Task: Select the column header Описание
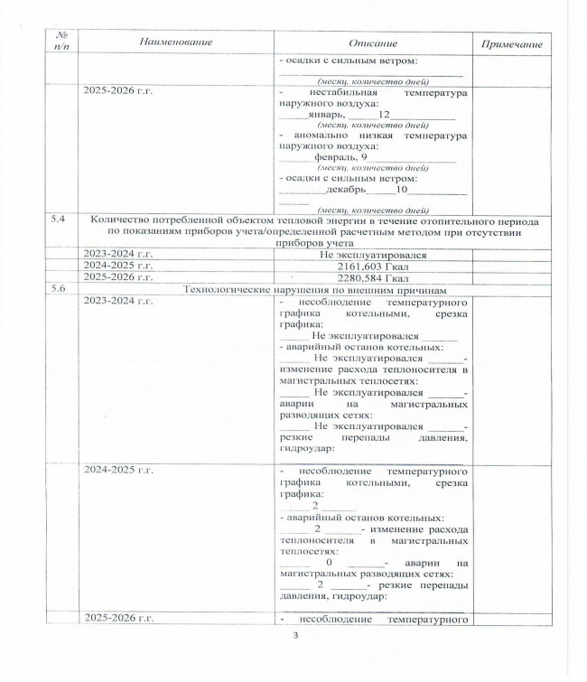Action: coord(372,43)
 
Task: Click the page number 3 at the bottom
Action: coord(295,635)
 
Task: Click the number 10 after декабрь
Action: coord(403,190)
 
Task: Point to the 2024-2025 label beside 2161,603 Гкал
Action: coord(117,266)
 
